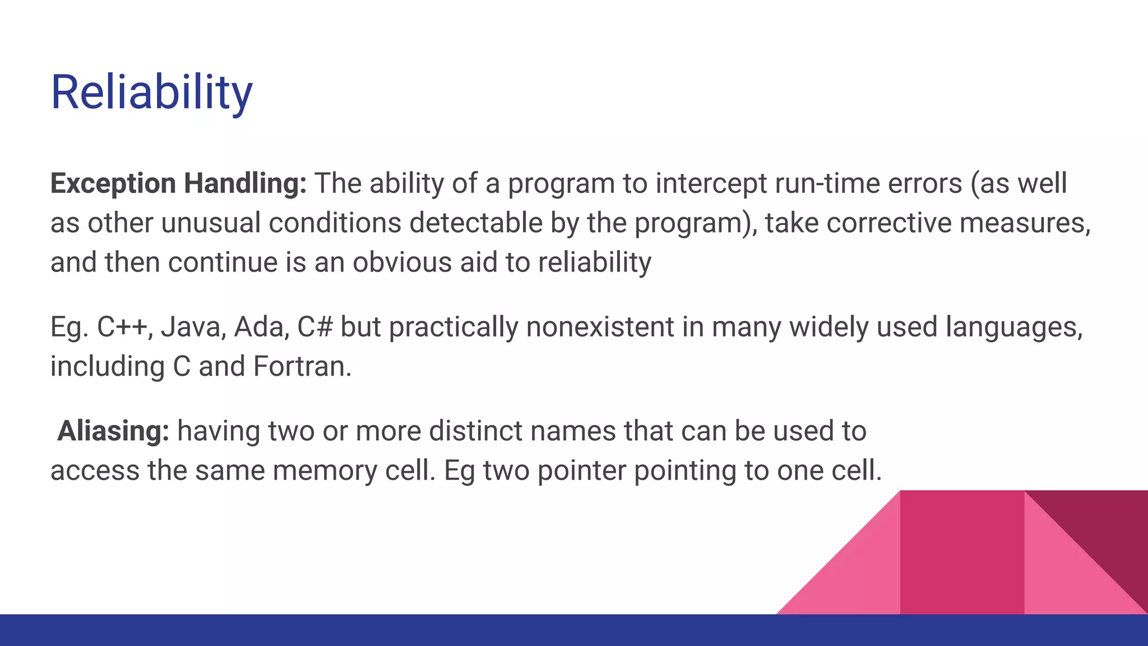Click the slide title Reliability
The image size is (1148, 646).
(x=151, y=93)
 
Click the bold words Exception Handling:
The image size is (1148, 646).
(x=178, y=183)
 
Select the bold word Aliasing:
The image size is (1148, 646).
(x=113, y=431)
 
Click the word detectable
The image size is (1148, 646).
(x=476, y=223)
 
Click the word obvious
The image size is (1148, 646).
(x=401, y=262)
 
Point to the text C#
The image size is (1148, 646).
(x=315, y=327)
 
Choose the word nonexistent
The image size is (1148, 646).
(x=600, y=327)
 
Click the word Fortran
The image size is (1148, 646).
(x=302, y=366)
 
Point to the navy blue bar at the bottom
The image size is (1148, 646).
(x=574, y=630)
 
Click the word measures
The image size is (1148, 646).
(x=1024, y=223)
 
